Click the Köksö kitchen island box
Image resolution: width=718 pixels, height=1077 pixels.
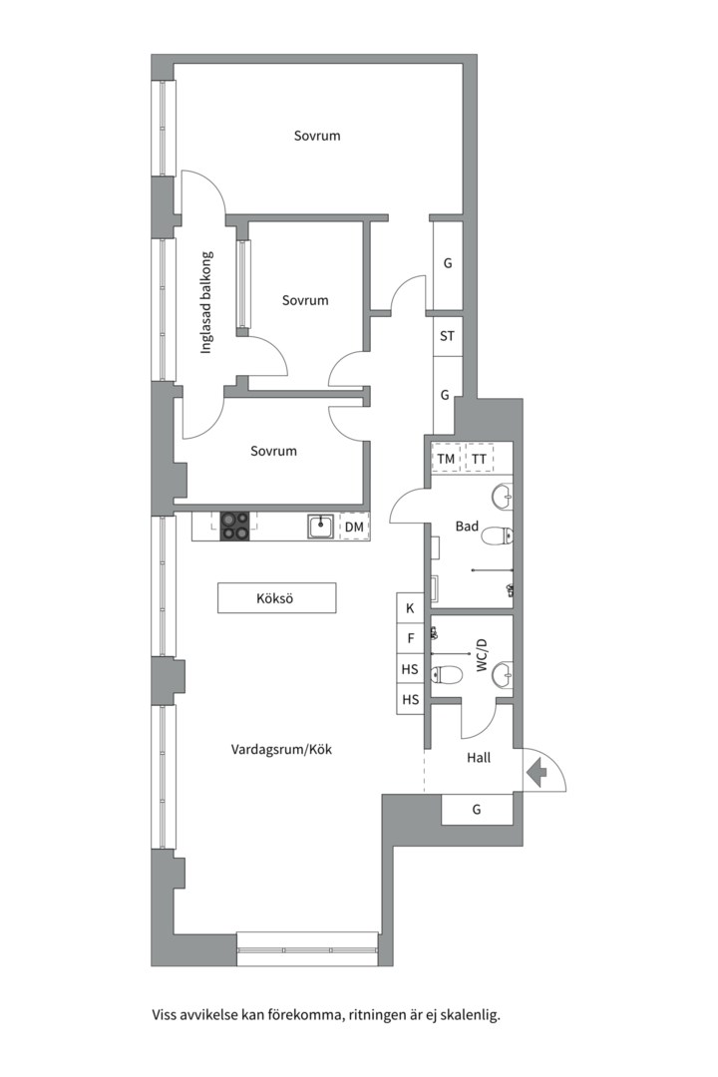click(x=277, y=598)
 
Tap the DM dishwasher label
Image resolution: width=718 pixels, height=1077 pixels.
click(x=354, y=528)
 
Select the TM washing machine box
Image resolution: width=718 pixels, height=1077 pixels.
click(x=446, y=459)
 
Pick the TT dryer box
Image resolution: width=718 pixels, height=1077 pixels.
click(x=480, y=459)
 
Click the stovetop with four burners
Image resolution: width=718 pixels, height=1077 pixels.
click(x=234, y=527)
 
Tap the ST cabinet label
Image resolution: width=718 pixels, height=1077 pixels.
click(x=448, y=336)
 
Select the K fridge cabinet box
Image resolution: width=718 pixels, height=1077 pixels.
click(x=410, y=608)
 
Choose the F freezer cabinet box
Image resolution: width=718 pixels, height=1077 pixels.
click(x=410, y=638)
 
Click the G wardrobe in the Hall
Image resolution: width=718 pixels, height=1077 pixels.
click(x=477, y=809)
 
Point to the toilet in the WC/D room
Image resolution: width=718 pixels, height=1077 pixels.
click(x=447, y=675)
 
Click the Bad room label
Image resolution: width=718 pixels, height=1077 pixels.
click(x=468, y=527)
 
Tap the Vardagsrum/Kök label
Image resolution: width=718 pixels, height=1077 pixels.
click(x=281, y=749)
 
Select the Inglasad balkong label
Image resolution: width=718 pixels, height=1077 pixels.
click(x=206, y=302)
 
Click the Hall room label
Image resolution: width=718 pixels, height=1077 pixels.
click(x=479, y=758)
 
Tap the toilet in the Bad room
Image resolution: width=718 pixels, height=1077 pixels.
click(x=499, y=536)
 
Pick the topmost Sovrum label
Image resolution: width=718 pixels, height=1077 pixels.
click(x=317, y=136)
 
